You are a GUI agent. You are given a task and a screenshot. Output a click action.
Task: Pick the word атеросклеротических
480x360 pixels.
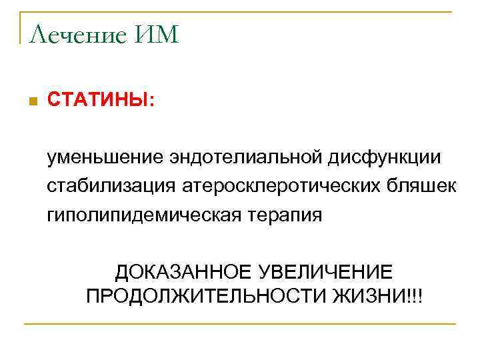click(x=269, y=186)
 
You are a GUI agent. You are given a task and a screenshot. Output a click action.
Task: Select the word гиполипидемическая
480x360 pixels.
click(x=134, y=215)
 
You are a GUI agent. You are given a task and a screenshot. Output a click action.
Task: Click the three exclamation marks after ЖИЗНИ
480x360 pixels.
click(x=413, y=295)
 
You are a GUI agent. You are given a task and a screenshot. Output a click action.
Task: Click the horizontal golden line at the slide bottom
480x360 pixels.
click(x=240, y=324)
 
